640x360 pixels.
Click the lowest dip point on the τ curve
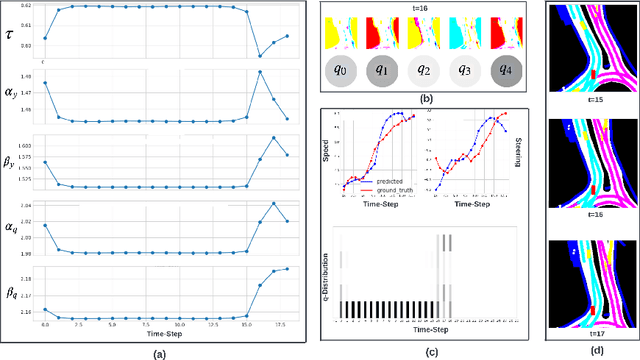pyautogui.click(x=260, y=55)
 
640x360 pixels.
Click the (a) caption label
pyautogui.click(x=159, y=352)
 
